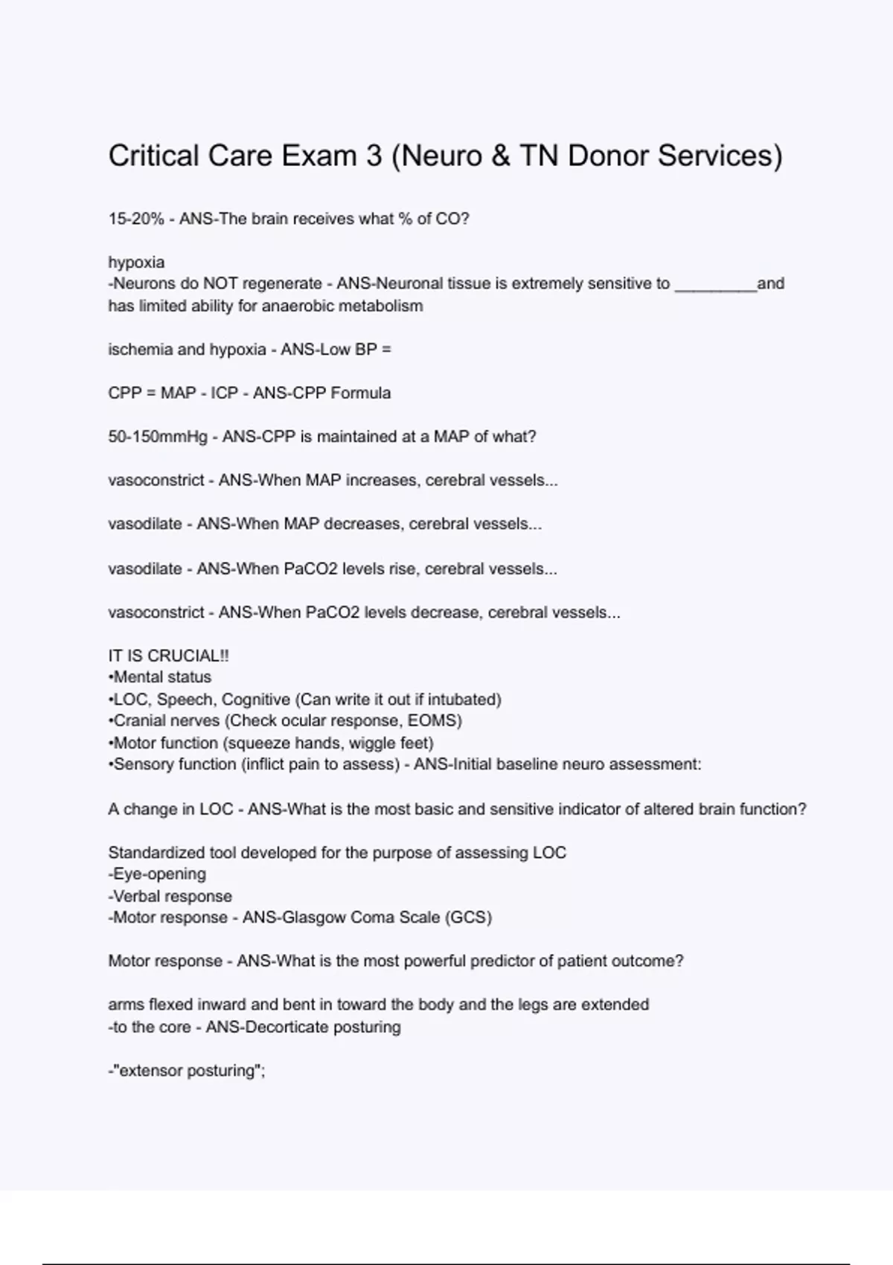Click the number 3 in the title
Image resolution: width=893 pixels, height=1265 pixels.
[x=374, y=156]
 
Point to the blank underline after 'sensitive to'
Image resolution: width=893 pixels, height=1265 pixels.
[x=715, y=284]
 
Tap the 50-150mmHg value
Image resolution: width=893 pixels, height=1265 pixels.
[x=158, y=437]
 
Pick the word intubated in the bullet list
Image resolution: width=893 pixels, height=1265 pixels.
[x=466, y=699]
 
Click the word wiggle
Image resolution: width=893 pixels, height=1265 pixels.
[x=371, y=743]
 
